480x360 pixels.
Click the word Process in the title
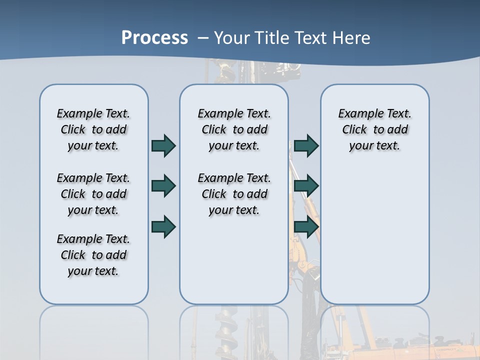154,38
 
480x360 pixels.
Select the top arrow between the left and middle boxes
163,145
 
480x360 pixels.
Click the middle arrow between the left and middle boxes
163,186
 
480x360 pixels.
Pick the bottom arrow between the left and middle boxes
163,226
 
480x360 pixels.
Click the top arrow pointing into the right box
306,145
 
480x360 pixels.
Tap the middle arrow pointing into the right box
306,186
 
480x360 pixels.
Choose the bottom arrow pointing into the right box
306,226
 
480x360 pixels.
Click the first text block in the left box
93,129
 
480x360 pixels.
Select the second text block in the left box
93,194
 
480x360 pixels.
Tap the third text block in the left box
93,255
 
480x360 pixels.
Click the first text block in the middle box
234,129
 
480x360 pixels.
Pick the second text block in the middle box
234,194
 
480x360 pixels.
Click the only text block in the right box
374,129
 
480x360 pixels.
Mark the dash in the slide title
203,38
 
